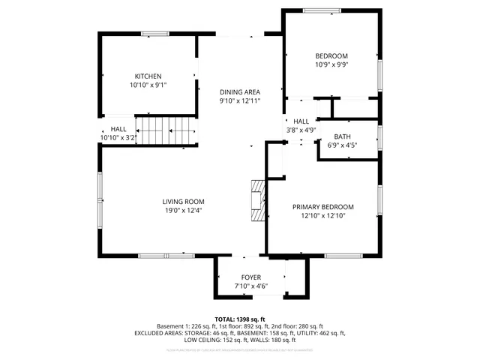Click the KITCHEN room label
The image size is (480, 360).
pyautogui.click(x=148, y=76)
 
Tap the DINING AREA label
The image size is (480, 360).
pyautogui.click(x=239, y=91)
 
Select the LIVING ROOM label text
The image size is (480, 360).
pyautogui.click(x=183, y=201)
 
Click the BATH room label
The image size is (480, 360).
pyautogui.click(x=342, y=136)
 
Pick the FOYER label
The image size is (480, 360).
pyautogui.click(x=250, y=277)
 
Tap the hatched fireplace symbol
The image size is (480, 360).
pyautogui.click(x=258, y=201)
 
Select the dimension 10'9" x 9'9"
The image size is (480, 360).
pyautogui.click(x=331, y=64)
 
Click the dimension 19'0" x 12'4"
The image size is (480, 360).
pyautogui.click(x=183, y=211)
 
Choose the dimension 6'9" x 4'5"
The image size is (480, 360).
pyautogui.click(x=342, y=145)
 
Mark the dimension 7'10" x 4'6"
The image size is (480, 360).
pyautogui.click(x=250, y=286)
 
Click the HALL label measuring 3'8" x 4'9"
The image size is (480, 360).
pyautogui.click(x=301, y=121)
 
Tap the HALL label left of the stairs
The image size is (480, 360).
pyautogui.click(x=118, y=129)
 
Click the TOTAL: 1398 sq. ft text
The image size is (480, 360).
pyautogui.click(x=240, y=319)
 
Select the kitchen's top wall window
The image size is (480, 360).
pyautogui.click(x=155, y=33)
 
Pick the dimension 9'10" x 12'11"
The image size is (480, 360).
pyautogui.click(x=239, y=100)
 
